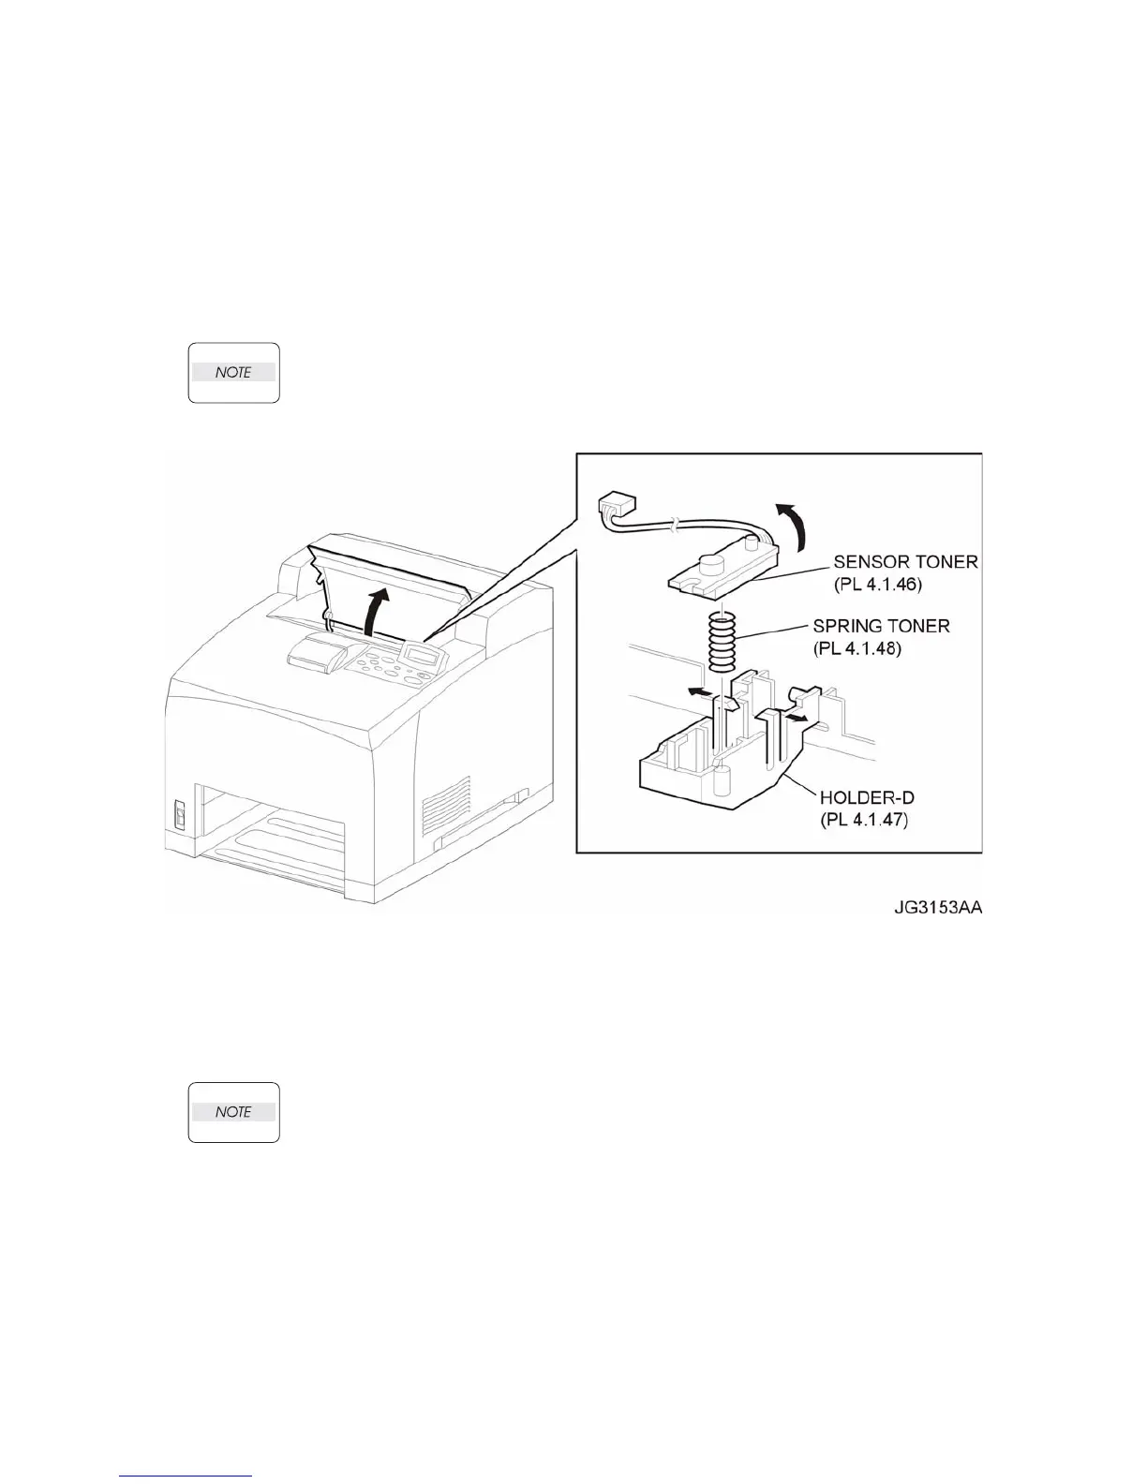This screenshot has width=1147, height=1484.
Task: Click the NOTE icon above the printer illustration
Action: tap(233, 373)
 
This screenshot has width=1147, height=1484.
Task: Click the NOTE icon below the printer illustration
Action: tap(233, 1112)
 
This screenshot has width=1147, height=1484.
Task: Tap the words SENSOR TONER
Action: tap(905, 562)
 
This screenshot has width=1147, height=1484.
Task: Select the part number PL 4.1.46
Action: tap(879, 584)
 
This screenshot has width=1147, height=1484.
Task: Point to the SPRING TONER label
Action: tap(881, 626)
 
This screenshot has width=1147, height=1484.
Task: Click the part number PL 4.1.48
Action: tap(857, 647)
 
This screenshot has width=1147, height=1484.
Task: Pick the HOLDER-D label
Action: tap(867, 798)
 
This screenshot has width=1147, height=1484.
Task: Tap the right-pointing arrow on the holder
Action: tap(798, 716)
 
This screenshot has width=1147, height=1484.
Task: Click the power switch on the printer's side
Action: tap(180, 814)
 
